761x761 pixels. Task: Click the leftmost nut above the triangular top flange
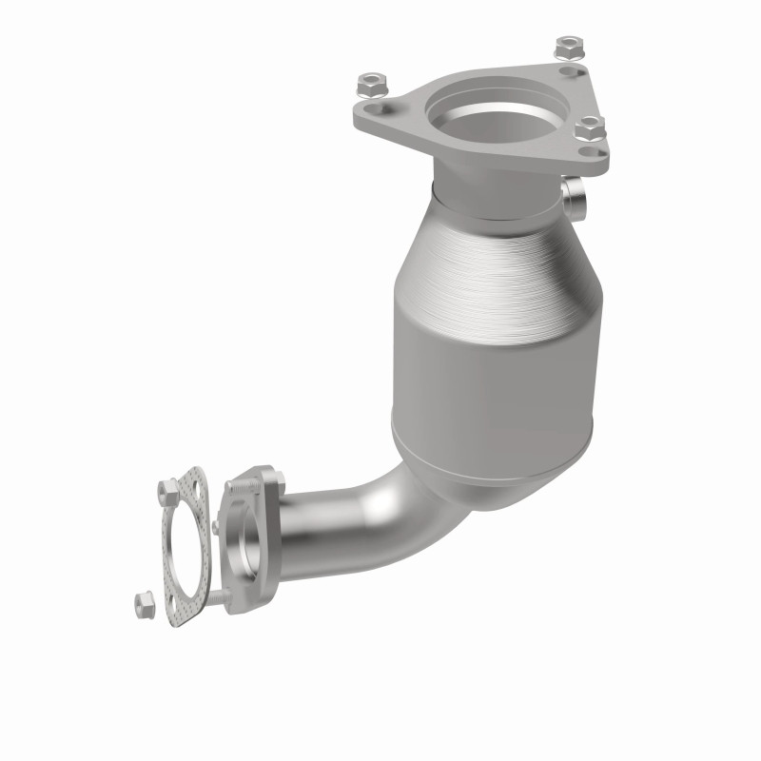(x=369, y=86)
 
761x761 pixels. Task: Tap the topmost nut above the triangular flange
(x=568, y=45)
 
